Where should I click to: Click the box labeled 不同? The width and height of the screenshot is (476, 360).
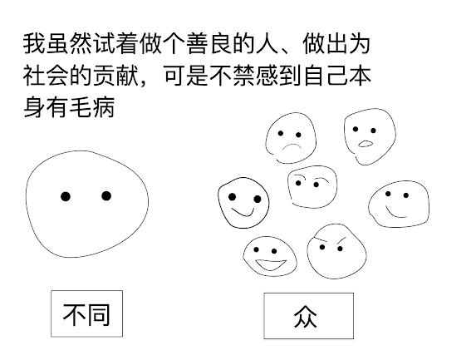[x=87, y=313]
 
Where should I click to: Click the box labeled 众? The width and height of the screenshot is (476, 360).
[x=308, y=316]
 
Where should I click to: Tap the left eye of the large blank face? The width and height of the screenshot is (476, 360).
[x=66, y=196]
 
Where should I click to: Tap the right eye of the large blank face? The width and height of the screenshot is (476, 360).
[x=106, y=196]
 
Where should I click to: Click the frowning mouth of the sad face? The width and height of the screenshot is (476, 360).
[x=291, y=146]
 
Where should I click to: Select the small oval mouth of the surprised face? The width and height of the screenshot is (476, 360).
[x=366, y=144]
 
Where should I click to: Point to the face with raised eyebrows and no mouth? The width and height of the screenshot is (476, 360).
[x=312, y=186]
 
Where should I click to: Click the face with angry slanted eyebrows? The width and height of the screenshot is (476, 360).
[x=336, y=251]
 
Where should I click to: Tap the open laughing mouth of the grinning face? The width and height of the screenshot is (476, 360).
[x=271, y=265]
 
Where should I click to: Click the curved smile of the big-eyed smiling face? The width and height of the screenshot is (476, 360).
[x=243, y=213]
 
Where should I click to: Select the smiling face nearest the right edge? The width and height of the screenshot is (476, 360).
[x=399, y=204]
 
